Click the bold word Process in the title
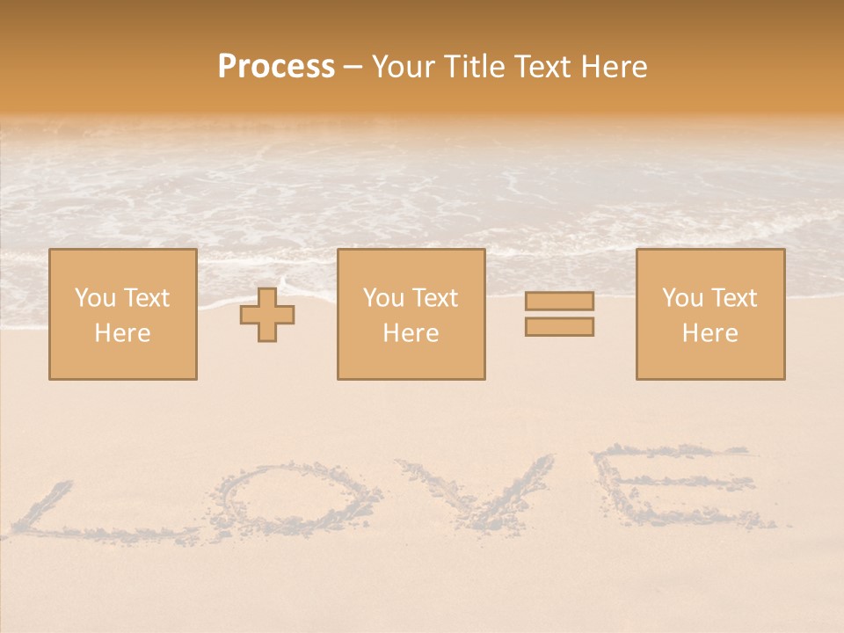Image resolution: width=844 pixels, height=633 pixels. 276,67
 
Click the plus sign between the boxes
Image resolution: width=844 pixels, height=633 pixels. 267,315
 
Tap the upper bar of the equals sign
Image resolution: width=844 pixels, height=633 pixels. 559,301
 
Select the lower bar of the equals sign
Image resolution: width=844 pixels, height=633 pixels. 559,326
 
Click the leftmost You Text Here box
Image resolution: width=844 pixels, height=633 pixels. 122,314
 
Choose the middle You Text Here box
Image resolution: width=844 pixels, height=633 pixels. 411,314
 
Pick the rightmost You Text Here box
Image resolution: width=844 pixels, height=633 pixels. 709,314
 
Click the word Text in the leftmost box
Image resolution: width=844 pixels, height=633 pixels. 146,298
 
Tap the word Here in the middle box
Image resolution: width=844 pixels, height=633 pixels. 411,333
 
